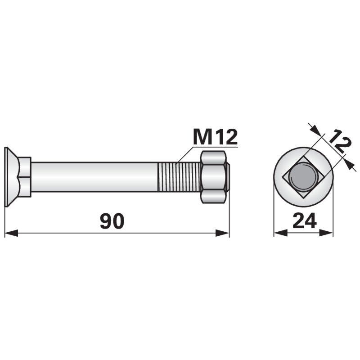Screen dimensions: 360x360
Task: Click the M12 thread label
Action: coord(215,137)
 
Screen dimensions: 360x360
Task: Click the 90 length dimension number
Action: coord(112,221)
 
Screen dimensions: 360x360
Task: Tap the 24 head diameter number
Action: coord(305,221)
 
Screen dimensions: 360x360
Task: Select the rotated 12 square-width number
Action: coord(339,141)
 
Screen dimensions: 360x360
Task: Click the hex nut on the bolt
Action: coord(213,177)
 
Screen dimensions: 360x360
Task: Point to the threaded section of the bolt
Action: coord(179,177)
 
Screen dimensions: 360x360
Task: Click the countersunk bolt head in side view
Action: coord(12,177)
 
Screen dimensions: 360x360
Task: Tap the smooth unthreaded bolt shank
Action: coord(94,177)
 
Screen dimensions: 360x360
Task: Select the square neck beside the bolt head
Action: coord(25,177)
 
